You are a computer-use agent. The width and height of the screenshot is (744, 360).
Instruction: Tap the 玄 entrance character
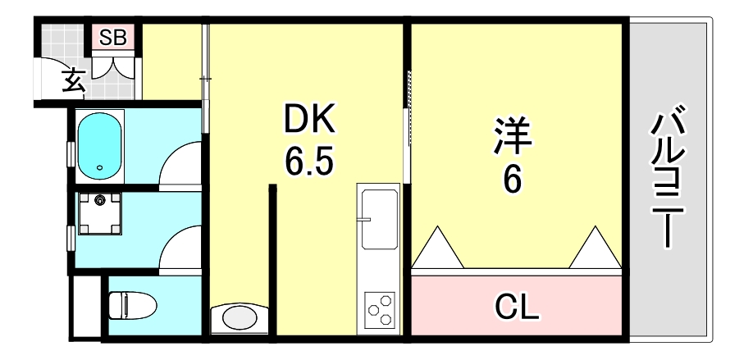tap(73, 81)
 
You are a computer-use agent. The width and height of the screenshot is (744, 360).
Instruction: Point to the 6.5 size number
tap(309, 163)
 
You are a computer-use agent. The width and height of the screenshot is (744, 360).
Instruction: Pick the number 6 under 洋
tap(513, 180)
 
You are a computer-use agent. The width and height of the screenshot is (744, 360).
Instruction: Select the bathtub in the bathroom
tap(100, 146)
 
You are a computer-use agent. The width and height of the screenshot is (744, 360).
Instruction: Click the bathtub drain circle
tap(100, 168)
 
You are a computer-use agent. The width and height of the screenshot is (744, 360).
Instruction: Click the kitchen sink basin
tap(379, 220)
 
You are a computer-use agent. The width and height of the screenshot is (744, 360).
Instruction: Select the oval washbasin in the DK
tap(240, 317)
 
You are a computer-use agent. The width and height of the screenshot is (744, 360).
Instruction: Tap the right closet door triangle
tap(592, 246)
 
